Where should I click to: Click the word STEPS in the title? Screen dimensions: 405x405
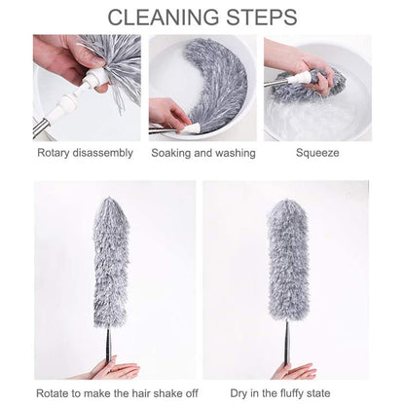click(x=261, y=18)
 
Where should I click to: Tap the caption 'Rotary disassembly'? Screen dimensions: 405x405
click(x=85, y=153)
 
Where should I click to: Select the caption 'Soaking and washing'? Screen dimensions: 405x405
click(x=203, y=153)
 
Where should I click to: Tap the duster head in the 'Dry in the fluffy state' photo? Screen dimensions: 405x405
click(x=287, y=263)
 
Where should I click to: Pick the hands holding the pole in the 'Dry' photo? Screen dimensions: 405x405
click(x=292, y=371)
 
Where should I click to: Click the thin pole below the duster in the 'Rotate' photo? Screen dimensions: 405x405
click(x=108, y=343)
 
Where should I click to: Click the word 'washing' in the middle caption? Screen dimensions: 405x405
click(x=235, y=153)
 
